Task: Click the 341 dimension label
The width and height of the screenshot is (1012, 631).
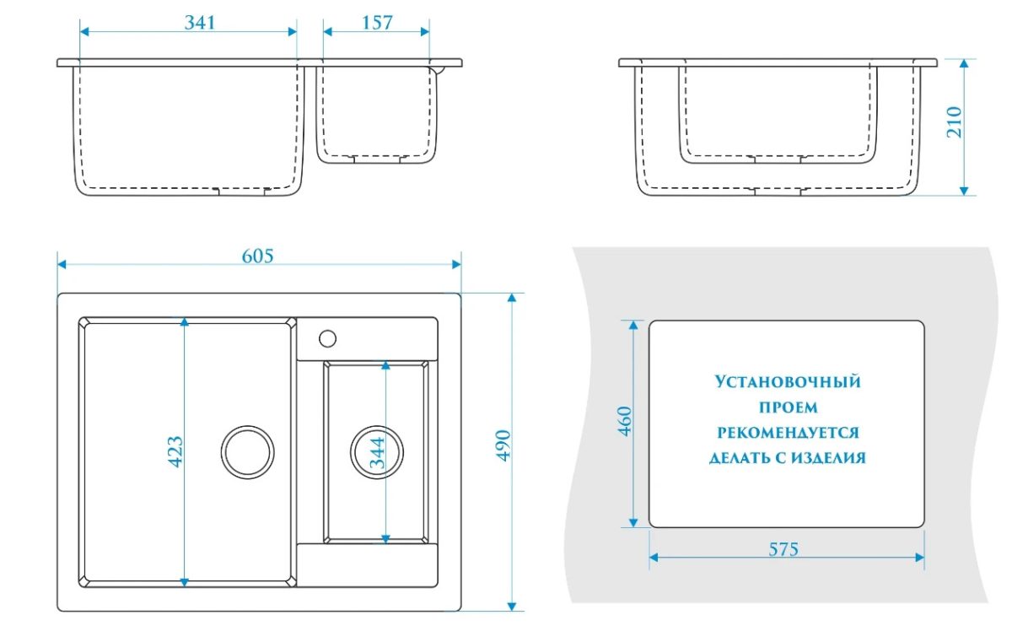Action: (201, 23)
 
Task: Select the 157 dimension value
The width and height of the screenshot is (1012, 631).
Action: (377, 23)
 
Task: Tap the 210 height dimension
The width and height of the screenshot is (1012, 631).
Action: (954, 123)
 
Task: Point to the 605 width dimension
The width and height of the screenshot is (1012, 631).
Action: (258, 256)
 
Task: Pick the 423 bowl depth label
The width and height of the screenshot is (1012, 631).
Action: (176, 451)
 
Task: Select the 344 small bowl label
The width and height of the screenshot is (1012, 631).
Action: (377, 452)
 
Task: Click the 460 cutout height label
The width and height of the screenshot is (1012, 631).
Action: (625, 421)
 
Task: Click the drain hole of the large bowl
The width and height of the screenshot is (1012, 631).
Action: (249, 449)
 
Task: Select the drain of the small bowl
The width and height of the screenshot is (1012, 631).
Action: (373, 450)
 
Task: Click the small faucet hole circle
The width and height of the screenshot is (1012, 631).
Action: (327, 339)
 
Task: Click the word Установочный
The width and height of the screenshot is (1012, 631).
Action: (788, 382)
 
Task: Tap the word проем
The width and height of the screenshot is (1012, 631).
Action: (788, 407)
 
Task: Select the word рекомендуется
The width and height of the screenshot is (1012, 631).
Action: (788, 433)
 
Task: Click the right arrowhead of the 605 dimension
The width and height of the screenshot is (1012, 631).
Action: (457, 265)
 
